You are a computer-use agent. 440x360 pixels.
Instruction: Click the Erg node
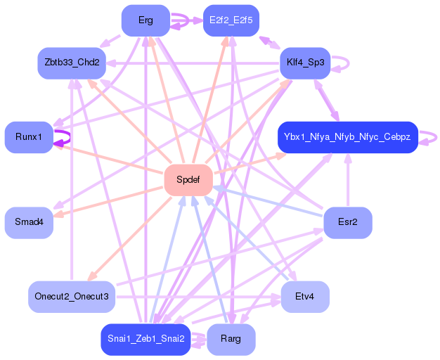tap(145, 20)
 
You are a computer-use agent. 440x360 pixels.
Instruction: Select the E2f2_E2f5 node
tap(231, 20)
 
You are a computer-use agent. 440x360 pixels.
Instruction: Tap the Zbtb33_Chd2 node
tap(72, 63)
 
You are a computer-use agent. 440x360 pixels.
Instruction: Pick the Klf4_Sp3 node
tap(305, 63)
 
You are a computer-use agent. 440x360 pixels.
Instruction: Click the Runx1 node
tap(29, 137)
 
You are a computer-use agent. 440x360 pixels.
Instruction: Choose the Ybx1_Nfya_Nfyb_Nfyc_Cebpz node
tap(348, 137)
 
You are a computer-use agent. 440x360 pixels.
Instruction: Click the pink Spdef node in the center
tap(188, 180)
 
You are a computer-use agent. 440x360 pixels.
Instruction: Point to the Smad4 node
tap(29, 222)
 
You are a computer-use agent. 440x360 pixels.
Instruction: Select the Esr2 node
tap(348, 222)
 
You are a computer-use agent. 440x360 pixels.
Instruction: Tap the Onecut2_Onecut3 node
tap(72, 297)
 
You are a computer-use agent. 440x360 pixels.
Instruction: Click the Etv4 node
tap(305, 297)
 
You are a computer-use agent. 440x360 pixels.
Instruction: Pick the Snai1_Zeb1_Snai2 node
tap(145, 339)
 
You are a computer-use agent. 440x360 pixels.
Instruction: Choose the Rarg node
tap(231, 339)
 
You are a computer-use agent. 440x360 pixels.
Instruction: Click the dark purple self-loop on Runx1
tap(70, 138)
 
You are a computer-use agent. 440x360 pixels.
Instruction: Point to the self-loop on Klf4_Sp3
tap(349, 63)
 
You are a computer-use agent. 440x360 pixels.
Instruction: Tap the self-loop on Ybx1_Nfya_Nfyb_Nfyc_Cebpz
tap(436, 138)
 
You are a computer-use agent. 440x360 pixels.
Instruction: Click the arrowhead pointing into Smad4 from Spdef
tap(58, 215)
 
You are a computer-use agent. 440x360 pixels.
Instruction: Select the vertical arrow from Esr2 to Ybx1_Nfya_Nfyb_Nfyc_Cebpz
tap(348, 180)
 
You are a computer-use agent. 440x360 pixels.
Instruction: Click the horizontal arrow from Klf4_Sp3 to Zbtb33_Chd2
tap(193, 63)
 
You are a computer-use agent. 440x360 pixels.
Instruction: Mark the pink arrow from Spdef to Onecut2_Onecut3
tap(129, 238)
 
